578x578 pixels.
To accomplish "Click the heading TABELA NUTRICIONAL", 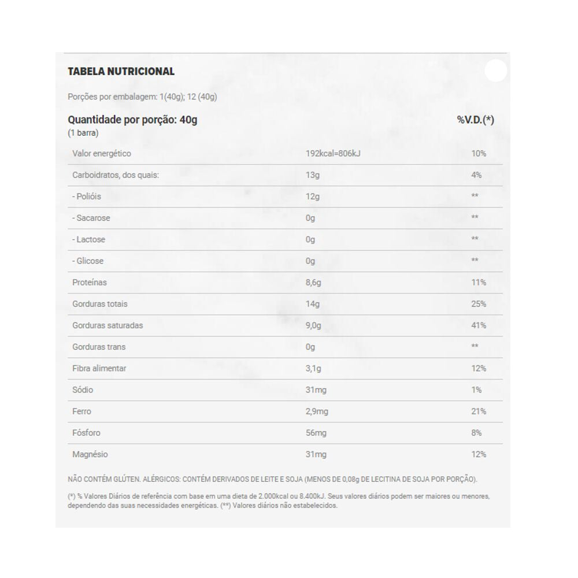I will pyautogui.click(x=121, y=72).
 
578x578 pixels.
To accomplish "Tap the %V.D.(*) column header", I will pyautogui.click(x=475, y=120).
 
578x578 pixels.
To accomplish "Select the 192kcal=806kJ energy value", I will pyautogui.click(x=333, y=154).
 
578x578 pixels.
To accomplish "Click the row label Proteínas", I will pyautogui.click(x=90, y=283).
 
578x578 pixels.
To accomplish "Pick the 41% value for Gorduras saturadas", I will pyautogui.click(x=478, y=325).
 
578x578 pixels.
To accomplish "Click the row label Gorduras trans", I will pyautogui.click(x=99, y=347).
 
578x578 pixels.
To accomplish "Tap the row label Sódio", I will pyautogui.click(x=83, y=390).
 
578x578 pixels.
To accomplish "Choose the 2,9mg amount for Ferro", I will pyautogui.click(x=317, y=412).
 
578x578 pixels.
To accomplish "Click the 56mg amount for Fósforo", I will pyautogui.click(x=316, y=433).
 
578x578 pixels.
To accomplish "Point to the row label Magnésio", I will pyautogui.click(x=90, y=454).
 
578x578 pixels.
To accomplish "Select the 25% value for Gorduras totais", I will pyautogui.click(x=478, y=304).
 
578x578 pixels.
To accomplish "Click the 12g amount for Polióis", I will pyautogui.click(x=312, y=197).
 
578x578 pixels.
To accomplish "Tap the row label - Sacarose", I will pyautogui.click(x=91, y=218).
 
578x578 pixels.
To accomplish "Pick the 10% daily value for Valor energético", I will pyautogui.click(x=478, y=154).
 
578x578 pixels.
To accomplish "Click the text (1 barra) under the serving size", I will pyautogui.click(x=83, y=133).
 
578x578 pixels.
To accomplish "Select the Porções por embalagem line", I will pyautogui.click(x=142, y=97).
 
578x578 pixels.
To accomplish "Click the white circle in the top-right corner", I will pyautogui.click(x=495, y=71).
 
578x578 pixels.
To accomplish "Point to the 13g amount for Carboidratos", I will pyautogui.click(x=312, y=175).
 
